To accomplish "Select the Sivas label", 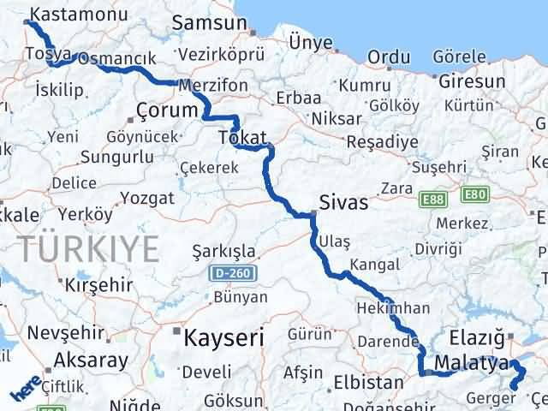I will (342, 203).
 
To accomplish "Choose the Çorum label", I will (167, 110).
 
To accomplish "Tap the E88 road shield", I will (433, 198).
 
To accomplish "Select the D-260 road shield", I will (226, 274).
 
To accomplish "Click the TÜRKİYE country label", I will (91, 248).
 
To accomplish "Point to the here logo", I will (25, 391).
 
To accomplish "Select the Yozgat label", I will (148, 199).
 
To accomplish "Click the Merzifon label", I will (213, 86).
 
